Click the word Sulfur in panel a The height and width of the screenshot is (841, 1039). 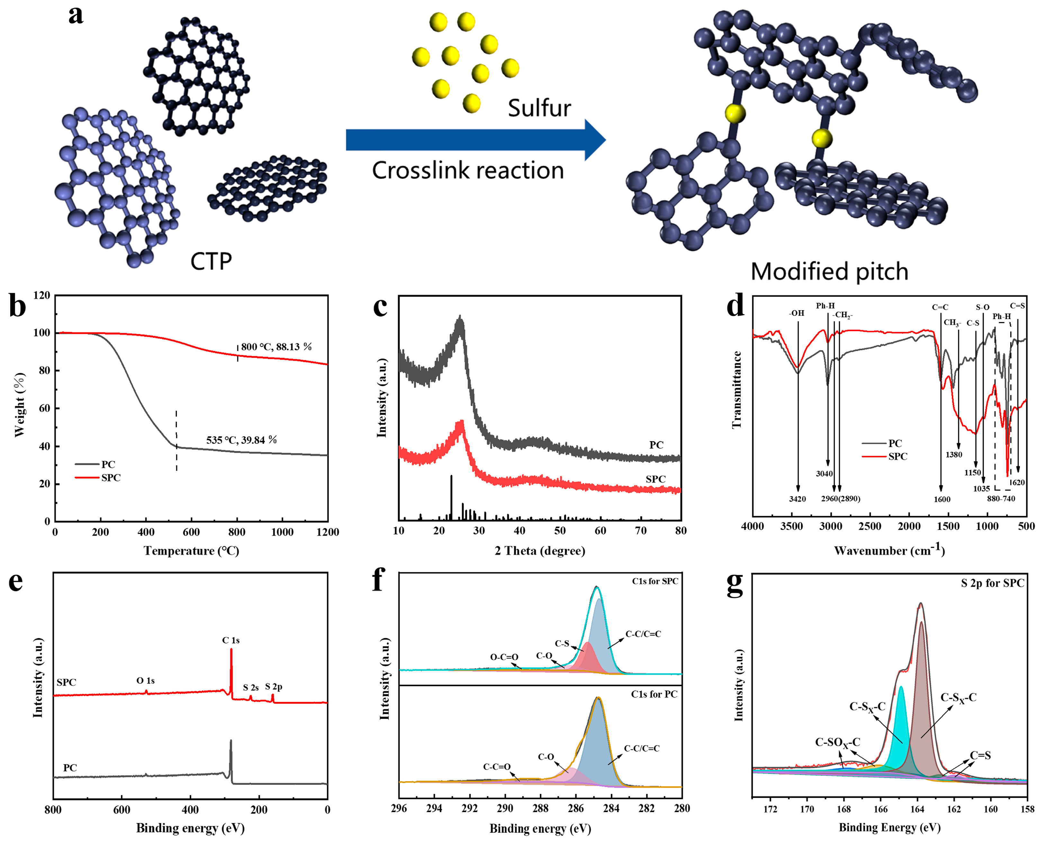click(x=539, y=108)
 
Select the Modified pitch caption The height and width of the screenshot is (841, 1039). click(x=829, y=271)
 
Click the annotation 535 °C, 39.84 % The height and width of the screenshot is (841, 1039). click(x=241, y=440)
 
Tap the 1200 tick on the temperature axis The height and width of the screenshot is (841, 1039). click(x=328, y=532)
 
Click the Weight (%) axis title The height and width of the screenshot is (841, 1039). click(x=19, y=405)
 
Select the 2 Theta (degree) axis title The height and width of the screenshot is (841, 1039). click(x=540, y=551)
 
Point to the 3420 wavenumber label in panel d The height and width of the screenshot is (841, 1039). click(x=797, y=499)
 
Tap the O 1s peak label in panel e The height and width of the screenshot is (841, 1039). click(x=146, y=681)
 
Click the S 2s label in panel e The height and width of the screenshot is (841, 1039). click(x=251, y=688)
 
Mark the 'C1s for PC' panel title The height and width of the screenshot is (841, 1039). click(x=654, y=694)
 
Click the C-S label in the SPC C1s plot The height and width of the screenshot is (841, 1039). click(x=562, y=643)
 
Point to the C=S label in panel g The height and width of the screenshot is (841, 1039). click(x=980, y=755)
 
